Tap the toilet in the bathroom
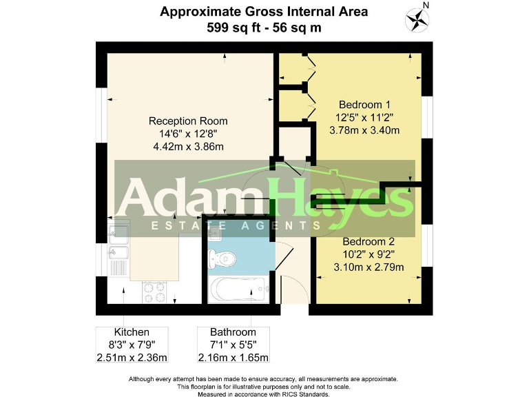tap(224, 259)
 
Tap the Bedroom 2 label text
tap(369, 242)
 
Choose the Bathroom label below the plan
tap(234, 332)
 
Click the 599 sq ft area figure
tap(229, 28)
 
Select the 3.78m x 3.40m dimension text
tap(364, 130)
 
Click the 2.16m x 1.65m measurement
tap(234, 357)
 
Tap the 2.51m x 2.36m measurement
tap(132, 357)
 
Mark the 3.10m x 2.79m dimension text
tap(369, 267)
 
